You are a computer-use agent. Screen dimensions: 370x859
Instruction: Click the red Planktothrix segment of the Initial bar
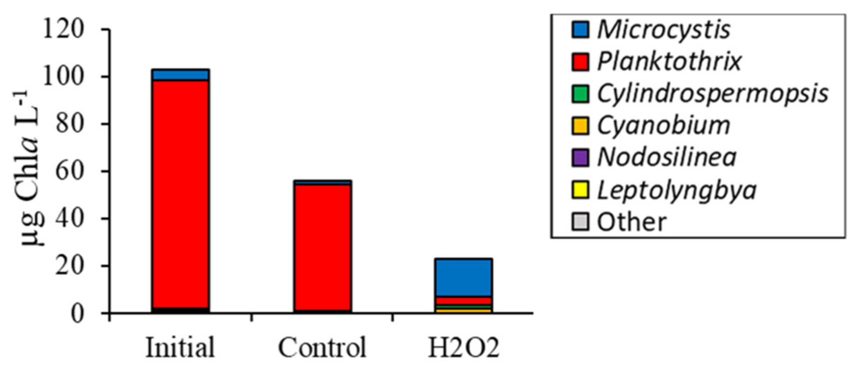(181, 194)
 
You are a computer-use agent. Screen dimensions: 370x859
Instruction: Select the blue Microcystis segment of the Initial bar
(181, 75)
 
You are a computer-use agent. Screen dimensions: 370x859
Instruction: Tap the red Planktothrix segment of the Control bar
(322, 247)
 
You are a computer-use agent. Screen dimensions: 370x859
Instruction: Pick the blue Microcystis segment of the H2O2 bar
(464, 278)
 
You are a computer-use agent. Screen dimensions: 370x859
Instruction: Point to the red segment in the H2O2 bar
(464, 301)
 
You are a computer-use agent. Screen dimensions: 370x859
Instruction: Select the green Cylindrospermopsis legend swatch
(580, 94)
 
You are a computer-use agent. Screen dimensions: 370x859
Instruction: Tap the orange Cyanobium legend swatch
(580, 126)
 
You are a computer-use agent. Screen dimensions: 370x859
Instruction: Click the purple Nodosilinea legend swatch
(580, 158)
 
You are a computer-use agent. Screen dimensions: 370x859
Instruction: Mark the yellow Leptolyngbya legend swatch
(580, 190)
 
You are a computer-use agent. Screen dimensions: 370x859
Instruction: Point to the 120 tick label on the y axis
(63, 29)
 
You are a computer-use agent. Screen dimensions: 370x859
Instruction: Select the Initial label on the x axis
(180, 348)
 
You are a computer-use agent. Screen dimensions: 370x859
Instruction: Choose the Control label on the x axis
(322, 348)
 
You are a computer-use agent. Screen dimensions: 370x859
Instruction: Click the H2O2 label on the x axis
(464, 348)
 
